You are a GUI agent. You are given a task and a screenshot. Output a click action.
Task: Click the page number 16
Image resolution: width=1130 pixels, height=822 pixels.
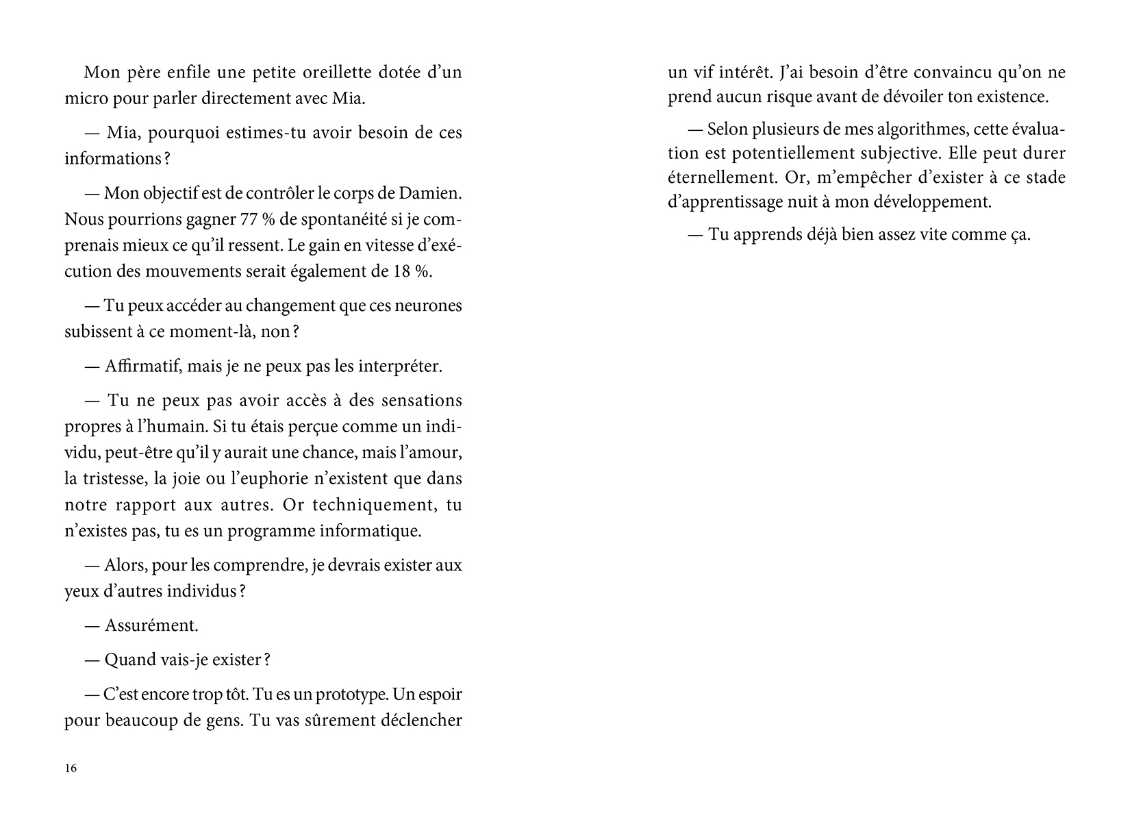pyautogui.click(x=71, y=768)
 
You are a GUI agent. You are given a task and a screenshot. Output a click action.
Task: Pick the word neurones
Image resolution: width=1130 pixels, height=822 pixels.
pyautogui.click(x=429, y=306)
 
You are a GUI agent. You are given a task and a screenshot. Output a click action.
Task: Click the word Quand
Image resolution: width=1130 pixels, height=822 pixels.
pyautogui.click(x=125, y=660)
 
